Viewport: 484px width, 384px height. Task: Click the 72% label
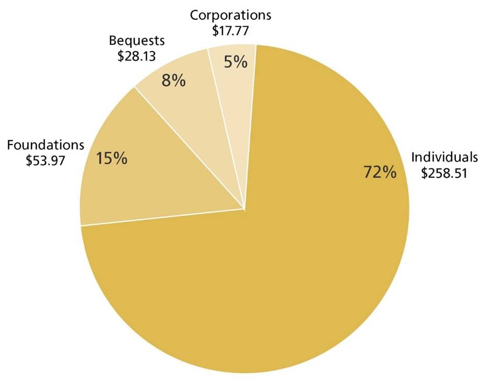(x=380, y=172)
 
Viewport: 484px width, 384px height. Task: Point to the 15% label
(x=112, y=158)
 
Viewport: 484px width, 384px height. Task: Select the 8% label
(x=173, y=81)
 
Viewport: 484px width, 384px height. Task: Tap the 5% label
(x=235, y=62)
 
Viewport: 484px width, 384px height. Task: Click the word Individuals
(x=445, y=157)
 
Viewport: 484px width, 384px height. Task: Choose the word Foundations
(x=46, y=144)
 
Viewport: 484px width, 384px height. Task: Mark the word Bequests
(x=137, y=40)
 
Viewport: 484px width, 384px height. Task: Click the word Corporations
(x=230, y=15)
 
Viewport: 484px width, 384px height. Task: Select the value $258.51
(x=444, y=173)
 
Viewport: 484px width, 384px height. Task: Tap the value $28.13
(x=137, y=57)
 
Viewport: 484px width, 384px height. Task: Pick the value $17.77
(x=230, y=31)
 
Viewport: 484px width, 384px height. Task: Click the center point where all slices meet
(x=244, y=209)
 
